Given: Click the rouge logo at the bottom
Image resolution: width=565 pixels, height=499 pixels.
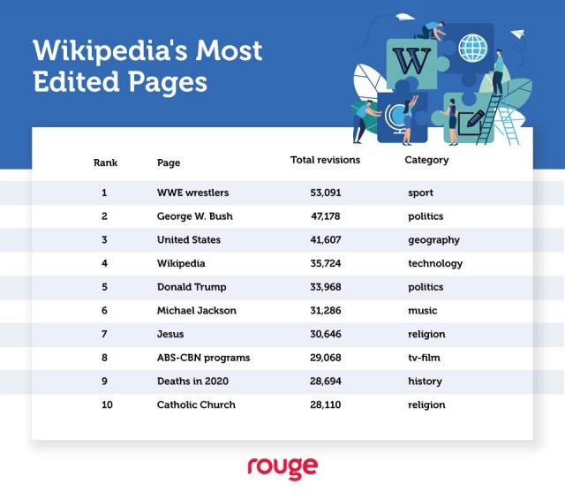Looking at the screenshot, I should tap(282, 468).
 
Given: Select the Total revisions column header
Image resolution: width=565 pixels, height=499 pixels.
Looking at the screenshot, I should tap(326, 160).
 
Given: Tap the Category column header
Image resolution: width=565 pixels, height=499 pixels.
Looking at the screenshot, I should tap(426, 160).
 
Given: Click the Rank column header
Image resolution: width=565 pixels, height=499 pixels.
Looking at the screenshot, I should tap(105, 163).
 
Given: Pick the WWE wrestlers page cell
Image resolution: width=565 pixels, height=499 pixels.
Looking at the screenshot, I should tap(192, 193).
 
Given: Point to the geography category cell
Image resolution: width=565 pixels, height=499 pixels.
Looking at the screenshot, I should tap(433, 240).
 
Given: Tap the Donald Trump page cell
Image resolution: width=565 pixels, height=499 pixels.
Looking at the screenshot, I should tap(192, 287).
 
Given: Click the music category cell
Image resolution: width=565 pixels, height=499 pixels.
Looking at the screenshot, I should tap(422, 311).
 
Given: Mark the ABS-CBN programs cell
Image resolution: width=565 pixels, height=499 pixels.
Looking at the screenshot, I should tap(203, 358).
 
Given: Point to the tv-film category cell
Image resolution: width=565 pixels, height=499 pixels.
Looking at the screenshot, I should tap(425, 358).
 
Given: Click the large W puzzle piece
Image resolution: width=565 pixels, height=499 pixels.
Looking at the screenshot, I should tap(411, 61).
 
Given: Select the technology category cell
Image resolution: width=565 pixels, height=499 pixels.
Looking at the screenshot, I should tap(434, 263).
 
